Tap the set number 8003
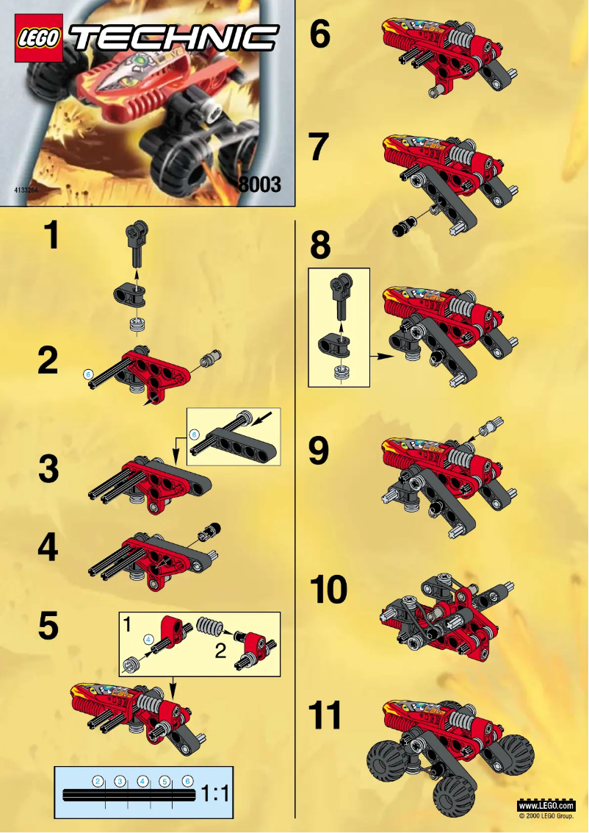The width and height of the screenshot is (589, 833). tap(260, 185)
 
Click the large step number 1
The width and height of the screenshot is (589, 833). tap(50, 237)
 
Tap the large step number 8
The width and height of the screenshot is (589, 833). tap(320, 246)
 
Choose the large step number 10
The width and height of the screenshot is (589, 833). tap(328, 590)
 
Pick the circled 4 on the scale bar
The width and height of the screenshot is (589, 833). tap(142, 781)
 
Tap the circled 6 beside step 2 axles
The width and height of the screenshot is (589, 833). tap(89, 374)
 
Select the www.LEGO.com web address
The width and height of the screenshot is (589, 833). tap(546, 806)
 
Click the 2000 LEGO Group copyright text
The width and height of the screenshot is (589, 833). tap(546, 816)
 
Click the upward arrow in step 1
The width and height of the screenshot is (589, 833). tap(136, 274)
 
